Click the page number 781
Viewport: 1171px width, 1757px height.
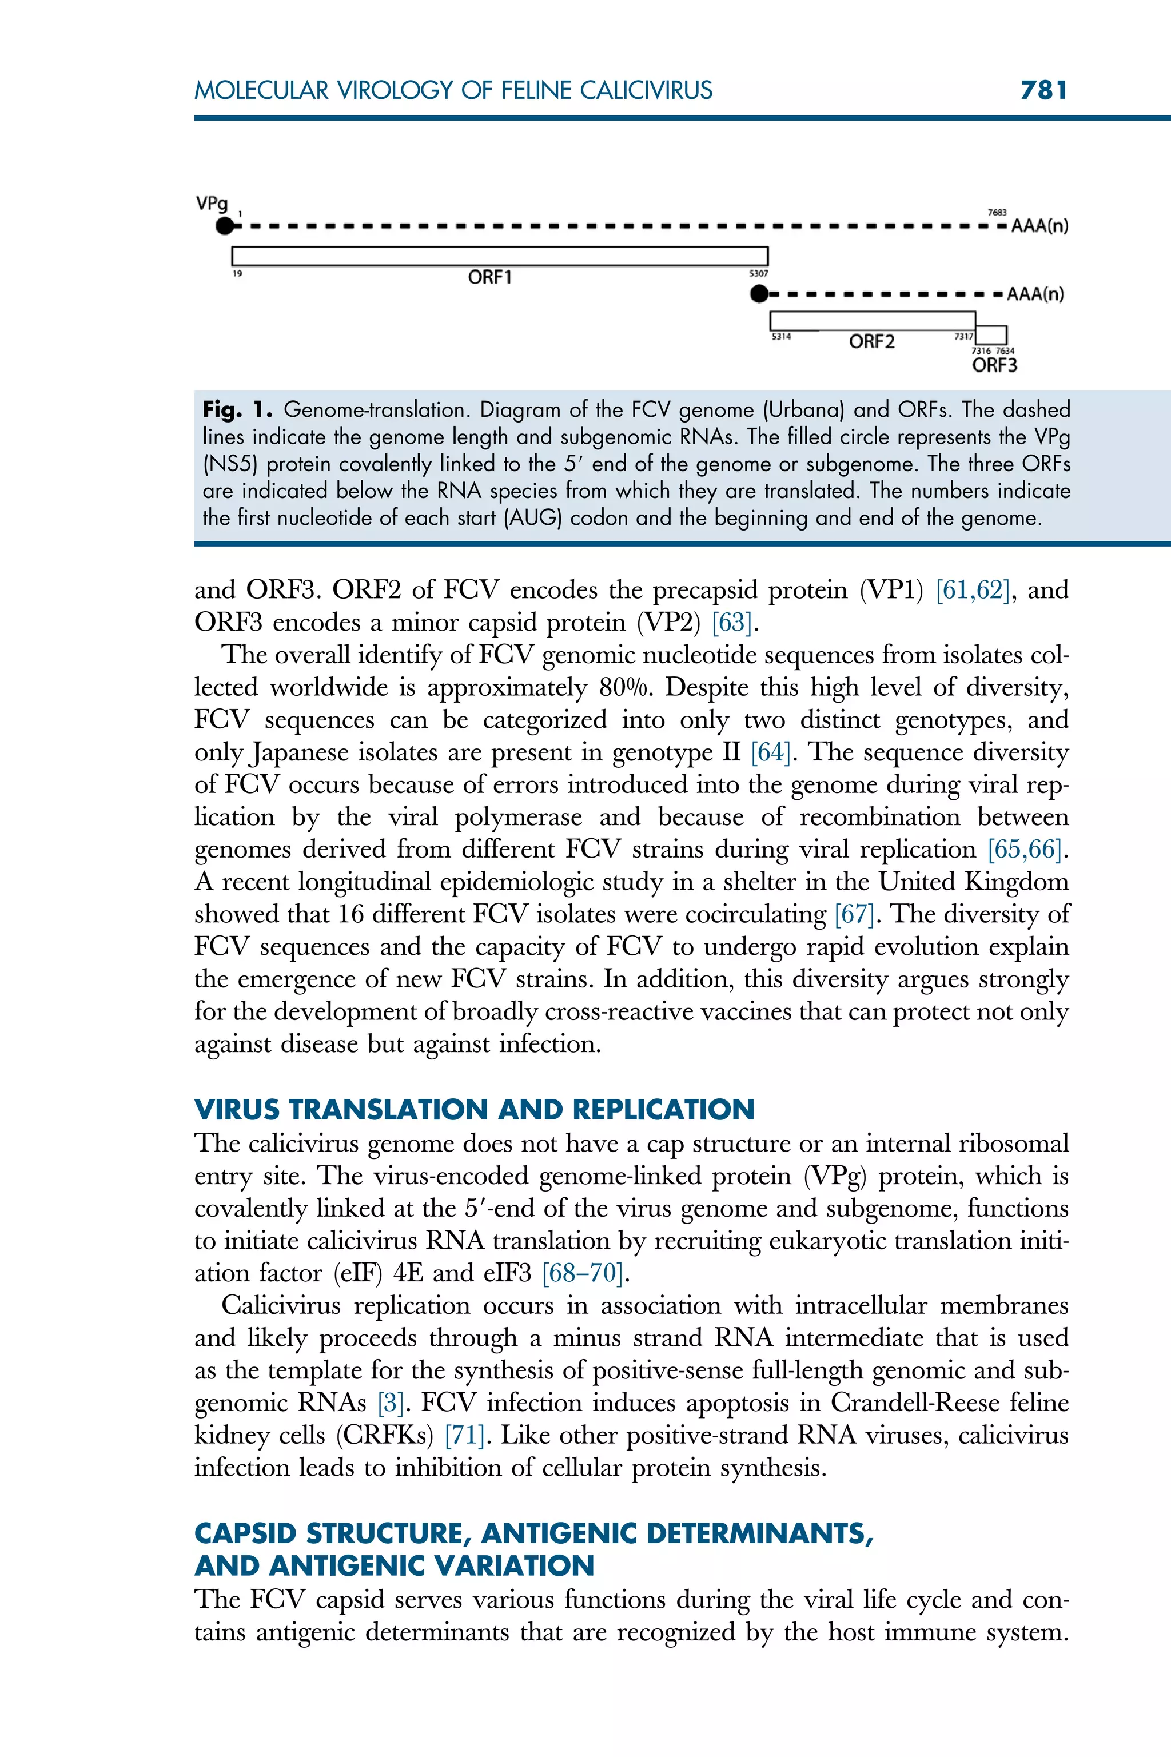tap(1044, 90)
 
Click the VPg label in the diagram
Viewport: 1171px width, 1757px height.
tap(212, 203)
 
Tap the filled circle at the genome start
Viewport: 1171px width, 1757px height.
tap(224, 225)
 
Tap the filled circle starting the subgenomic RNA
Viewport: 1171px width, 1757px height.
tap(759, 294)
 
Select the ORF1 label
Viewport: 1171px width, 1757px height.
tap(490, 278)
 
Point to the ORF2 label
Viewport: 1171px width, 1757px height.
tap(871, 342)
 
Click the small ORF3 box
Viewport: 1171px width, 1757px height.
tap(992, 334)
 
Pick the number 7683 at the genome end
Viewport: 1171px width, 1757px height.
tap(997, 213)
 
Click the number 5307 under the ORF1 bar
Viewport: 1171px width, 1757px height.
tap(758, 274)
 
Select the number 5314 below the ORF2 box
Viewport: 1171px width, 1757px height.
tap(781, 337)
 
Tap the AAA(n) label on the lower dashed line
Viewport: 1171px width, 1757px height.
tap(1035, 294)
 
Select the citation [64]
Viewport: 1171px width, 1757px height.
tap(770, 752)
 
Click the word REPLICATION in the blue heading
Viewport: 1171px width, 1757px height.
tap(663, 1110)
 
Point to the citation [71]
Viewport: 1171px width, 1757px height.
tap(464, 1435)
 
